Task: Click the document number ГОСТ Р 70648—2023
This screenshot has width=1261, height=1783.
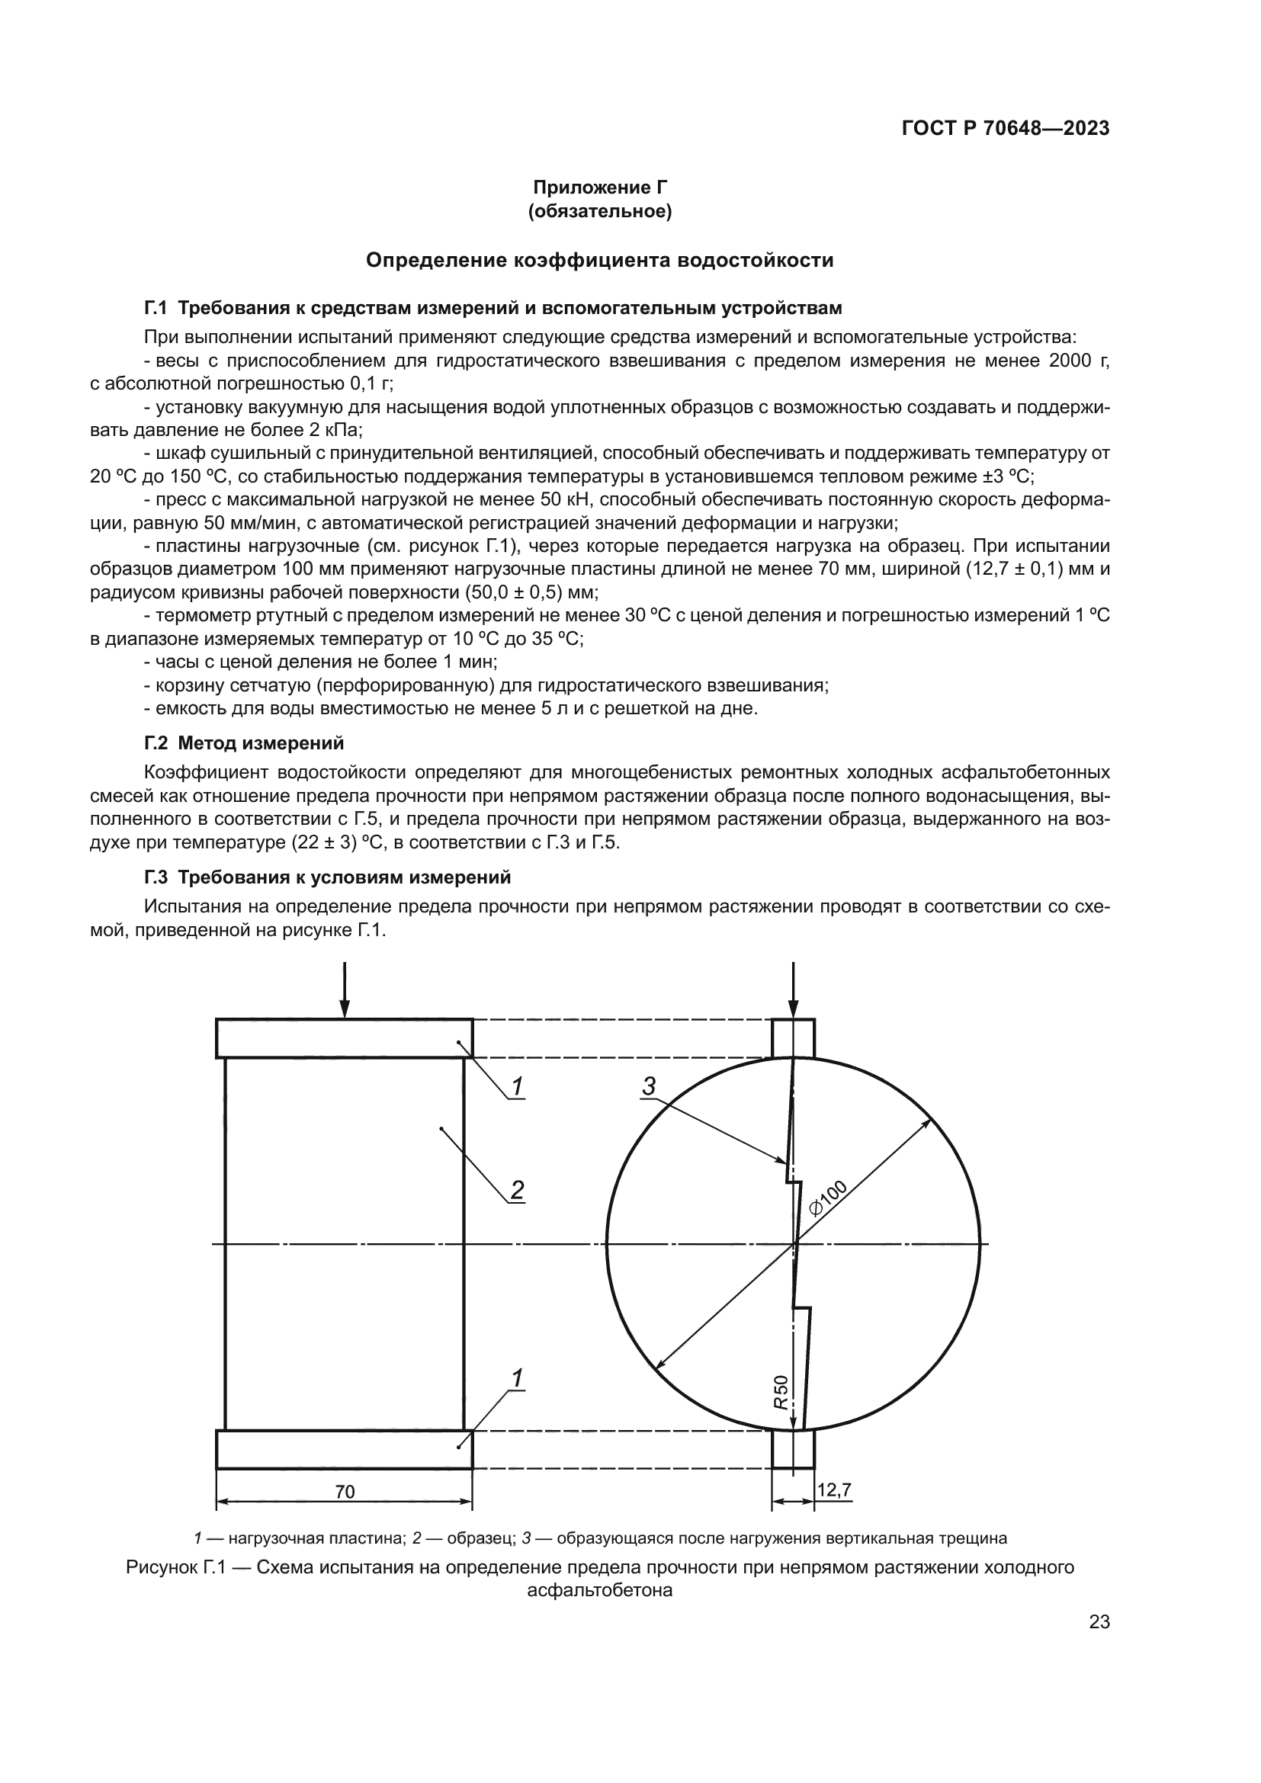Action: click(x=1006, y=129)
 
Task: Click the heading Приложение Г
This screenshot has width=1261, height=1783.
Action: click(x=599, y=188)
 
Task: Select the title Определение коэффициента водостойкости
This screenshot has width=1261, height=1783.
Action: click(x=599, y=260)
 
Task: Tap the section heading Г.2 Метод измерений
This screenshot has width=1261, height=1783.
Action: click(x=244, y=743)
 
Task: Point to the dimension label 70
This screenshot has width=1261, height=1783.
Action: click(x=345, y=1492)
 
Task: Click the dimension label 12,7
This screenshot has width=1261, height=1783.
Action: click(x=834, y=1490)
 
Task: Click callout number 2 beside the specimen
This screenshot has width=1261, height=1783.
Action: click(x=517, y=1191)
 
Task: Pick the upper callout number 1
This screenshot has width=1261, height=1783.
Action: click(x=517, y=1087)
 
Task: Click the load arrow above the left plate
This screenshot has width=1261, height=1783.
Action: click(x=345, y=990)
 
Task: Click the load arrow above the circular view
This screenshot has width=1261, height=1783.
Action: click(x=793, y=990)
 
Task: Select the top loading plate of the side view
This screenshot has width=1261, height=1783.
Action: click(x=345, y=1038)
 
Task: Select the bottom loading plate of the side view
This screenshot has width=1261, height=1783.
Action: click(x=345, y=1450)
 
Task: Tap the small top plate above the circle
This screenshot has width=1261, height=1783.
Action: click(x=793, y=1038)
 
